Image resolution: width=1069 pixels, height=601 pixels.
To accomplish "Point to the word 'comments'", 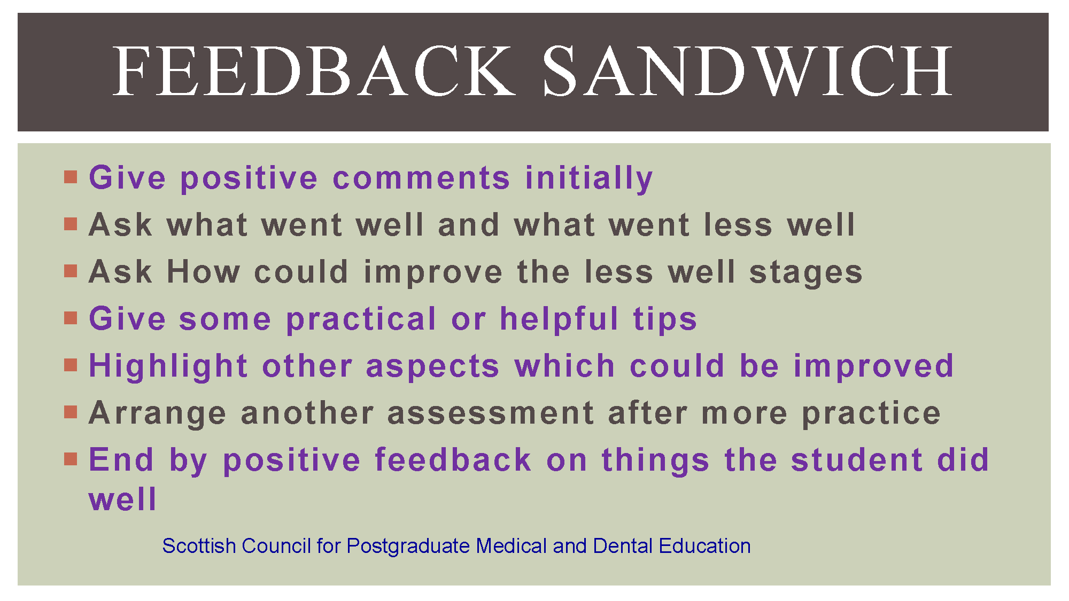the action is point(421,178).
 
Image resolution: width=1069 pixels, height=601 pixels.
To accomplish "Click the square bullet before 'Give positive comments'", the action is point(71,177).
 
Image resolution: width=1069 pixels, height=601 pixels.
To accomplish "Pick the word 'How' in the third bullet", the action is point(204,271).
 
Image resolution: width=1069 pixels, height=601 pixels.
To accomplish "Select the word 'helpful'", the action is point(559,318).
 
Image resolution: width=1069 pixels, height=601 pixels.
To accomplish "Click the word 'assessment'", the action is point(491,413).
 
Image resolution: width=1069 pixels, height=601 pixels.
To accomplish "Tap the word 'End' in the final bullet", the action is point(121,459).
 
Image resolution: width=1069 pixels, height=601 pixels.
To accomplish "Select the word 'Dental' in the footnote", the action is point(623,546).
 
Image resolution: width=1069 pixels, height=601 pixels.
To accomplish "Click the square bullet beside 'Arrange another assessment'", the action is point(71,412).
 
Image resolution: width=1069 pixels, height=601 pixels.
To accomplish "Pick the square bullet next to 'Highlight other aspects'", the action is point(71,365).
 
